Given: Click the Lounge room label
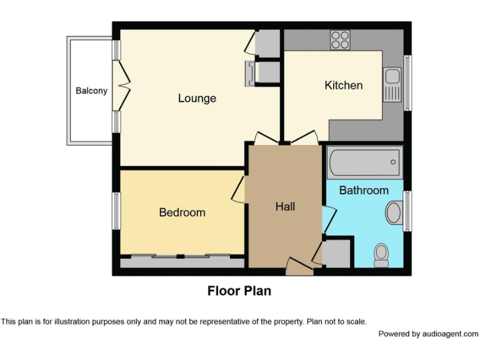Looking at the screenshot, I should (197, 98).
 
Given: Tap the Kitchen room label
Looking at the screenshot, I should (343, 85).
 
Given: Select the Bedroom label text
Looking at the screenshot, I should (182, 212).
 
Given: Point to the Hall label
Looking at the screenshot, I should (285, 206).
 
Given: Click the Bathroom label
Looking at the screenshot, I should (364, 190).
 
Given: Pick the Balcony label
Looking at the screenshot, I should (91, 91).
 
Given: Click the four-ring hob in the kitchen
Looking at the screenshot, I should (341, 39).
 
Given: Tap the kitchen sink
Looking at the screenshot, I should (392, 85).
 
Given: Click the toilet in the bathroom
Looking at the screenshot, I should (381, 254).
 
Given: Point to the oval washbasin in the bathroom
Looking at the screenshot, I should (394, 212).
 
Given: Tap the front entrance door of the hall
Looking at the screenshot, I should (299, 267).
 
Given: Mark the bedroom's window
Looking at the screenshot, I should (116, 211).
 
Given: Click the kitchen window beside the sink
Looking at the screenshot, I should (407, 83).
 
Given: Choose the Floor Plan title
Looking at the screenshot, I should (239, 291).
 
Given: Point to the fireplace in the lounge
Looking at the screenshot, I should (251, 72).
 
